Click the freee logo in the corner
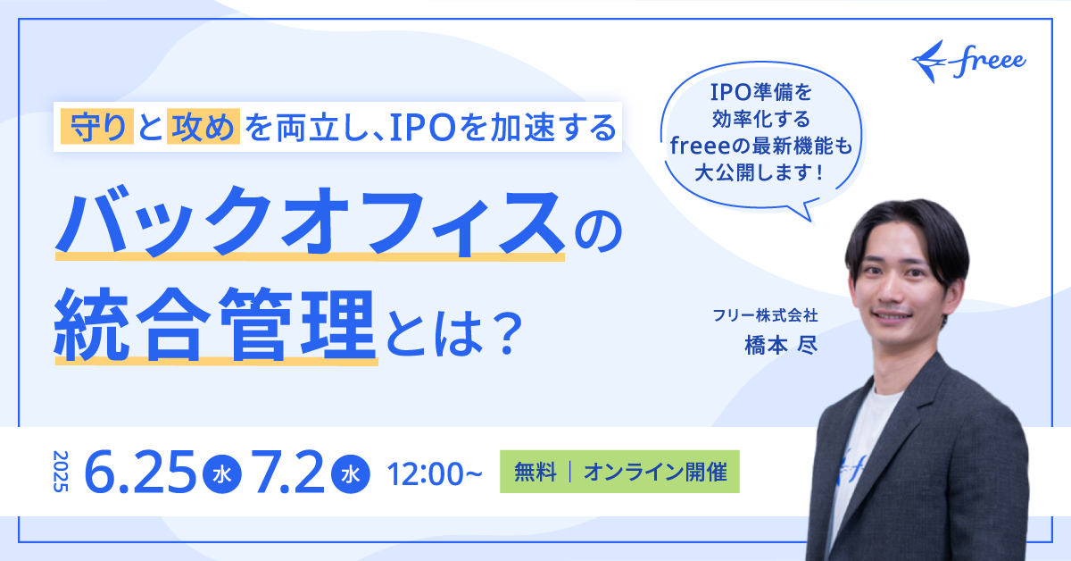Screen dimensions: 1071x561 click(968, 62)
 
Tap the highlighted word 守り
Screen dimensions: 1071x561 click(97, 127)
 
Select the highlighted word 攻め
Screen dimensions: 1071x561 click(203, 127)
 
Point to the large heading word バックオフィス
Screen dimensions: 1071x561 click(310, 222)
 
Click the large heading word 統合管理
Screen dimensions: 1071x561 click(215, 324)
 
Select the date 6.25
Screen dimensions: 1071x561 click(140, 472)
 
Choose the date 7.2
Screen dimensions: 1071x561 click(290, 472)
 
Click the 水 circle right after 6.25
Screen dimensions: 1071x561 click(222, 473)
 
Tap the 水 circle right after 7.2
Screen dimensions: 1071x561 click(351, 473)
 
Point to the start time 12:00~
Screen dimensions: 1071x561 click(435, 473)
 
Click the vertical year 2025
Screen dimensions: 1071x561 click(61, 472)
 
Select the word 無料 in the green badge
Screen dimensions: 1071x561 click(535, 472)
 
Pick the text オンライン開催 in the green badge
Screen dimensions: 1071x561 click(655, 472)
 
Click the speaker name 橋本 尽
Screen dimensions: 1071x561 click(781, 345)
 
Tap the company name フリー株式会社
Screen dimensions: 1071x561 click(765, 315)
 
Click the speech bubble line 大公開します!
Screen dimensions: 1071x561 click(760, 172)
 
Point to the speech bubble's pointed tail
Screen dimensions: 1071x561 click(810, 220)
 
